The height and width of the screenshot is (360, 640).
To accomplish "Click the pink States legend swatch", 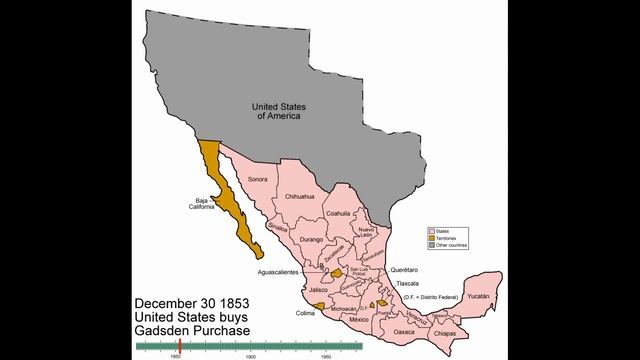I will pos(433,230).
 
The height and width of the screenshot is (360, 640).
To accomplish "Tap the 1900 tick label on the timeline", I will pos(251,355).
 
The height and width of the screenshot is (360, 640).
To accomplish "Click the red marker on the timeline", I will pos(178,345).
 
